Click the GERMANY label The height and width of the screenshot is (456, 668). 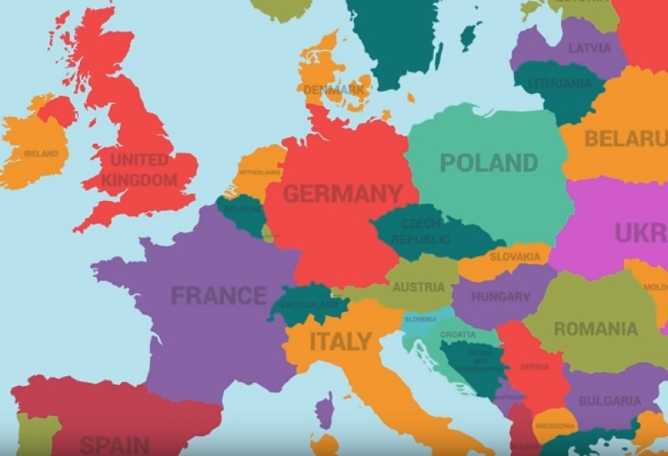(x=343, y=194)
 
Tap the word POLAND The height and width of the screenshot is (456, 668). (x=489, y=163)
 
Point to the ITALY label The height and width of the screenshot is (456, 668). (x=340, y=342)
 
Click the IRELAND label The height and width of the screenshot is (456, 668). (x=41, y=154)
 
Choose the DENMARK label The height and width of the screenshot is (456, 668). (x=335, y=89)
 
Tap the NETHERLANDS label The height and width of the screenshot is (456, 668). (x=260, y=172)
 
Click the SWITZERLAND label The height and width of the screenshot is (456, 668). (x=309, y=304)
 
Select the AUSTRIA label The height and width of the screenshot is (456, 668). (x=418, y=287)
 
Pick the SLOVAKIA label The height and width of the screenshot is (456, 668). (x=515, y=256)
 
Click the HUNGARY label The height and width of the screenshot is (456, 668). (x=500, y=296)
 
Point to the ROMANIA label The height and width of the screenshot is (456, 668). (x=595, y=328)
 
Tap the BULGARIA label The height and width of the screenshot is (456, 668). (x=609, y=401)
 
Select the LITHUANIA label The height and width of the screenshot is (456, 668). (x=560, y=84)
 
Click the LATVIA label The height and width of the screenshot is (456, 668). (x=589, y=48)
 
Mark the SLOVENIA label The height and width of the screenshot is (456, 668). (x=420, y=319)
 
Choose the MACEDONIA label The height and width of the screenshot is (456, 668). (x=554, y=426)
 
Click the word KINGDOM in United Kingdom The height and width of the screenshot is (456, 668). (x=140, y=180)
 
